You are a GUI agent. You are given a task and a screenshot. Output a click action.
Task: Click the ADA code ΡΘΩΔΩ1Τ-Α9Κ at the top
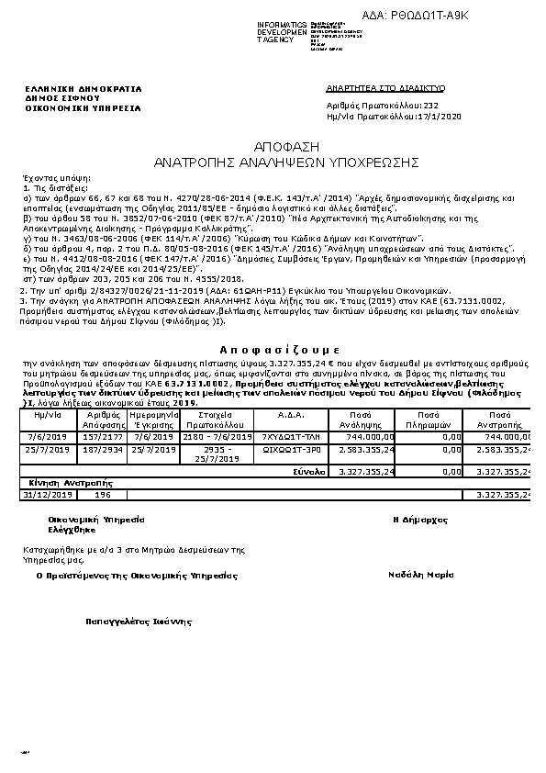[x=403, y=16]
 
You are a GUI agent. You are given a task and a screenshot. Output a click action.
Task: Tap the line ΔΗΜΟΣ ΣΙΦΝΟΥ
[x=61, y=98]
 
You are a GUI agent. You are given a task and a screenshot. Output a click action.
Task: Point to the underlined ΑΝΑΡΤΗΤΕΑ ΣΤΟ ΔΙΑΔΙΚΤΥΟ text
[x=385, y=87]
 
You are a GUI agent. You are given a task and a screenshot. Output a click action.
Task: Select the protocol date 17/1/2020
[x=429, y=118]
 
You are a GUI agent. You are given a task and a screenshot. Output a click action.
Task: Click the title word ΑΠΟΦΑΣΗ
[x=272, y=146]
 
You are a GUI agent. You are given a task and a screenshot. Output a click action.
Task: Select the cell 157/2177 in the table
[x=109, y=437]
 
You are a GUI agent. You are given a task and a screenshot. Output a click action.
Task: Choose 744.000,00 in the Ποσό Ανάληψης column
[x=373, y=437]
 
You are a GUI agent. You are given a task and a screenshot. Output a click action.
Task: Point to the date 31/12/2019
[x=48, y=494]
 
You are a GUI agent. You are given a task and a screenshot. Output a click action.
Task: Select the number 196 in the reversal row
[x=103, y=494]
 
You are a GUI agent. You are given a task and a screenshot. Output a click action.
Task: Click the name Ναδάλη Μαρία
[x=421, y=575]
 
